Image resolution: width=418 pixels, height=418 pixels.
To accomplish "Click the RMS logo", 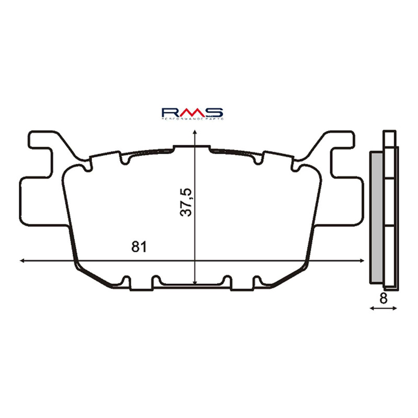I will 192,113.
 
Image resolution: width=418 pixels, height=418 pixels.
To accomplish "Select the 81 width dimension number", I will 138,247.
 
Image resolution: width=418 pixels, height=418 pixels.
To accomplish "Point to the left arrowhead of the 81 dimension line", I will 22,260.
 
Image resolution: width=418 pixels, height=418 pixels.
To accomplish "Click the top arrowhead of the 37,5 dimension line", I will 194,134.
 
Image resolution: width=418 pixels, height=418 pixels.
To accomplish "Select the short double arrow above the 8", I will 384,309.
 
